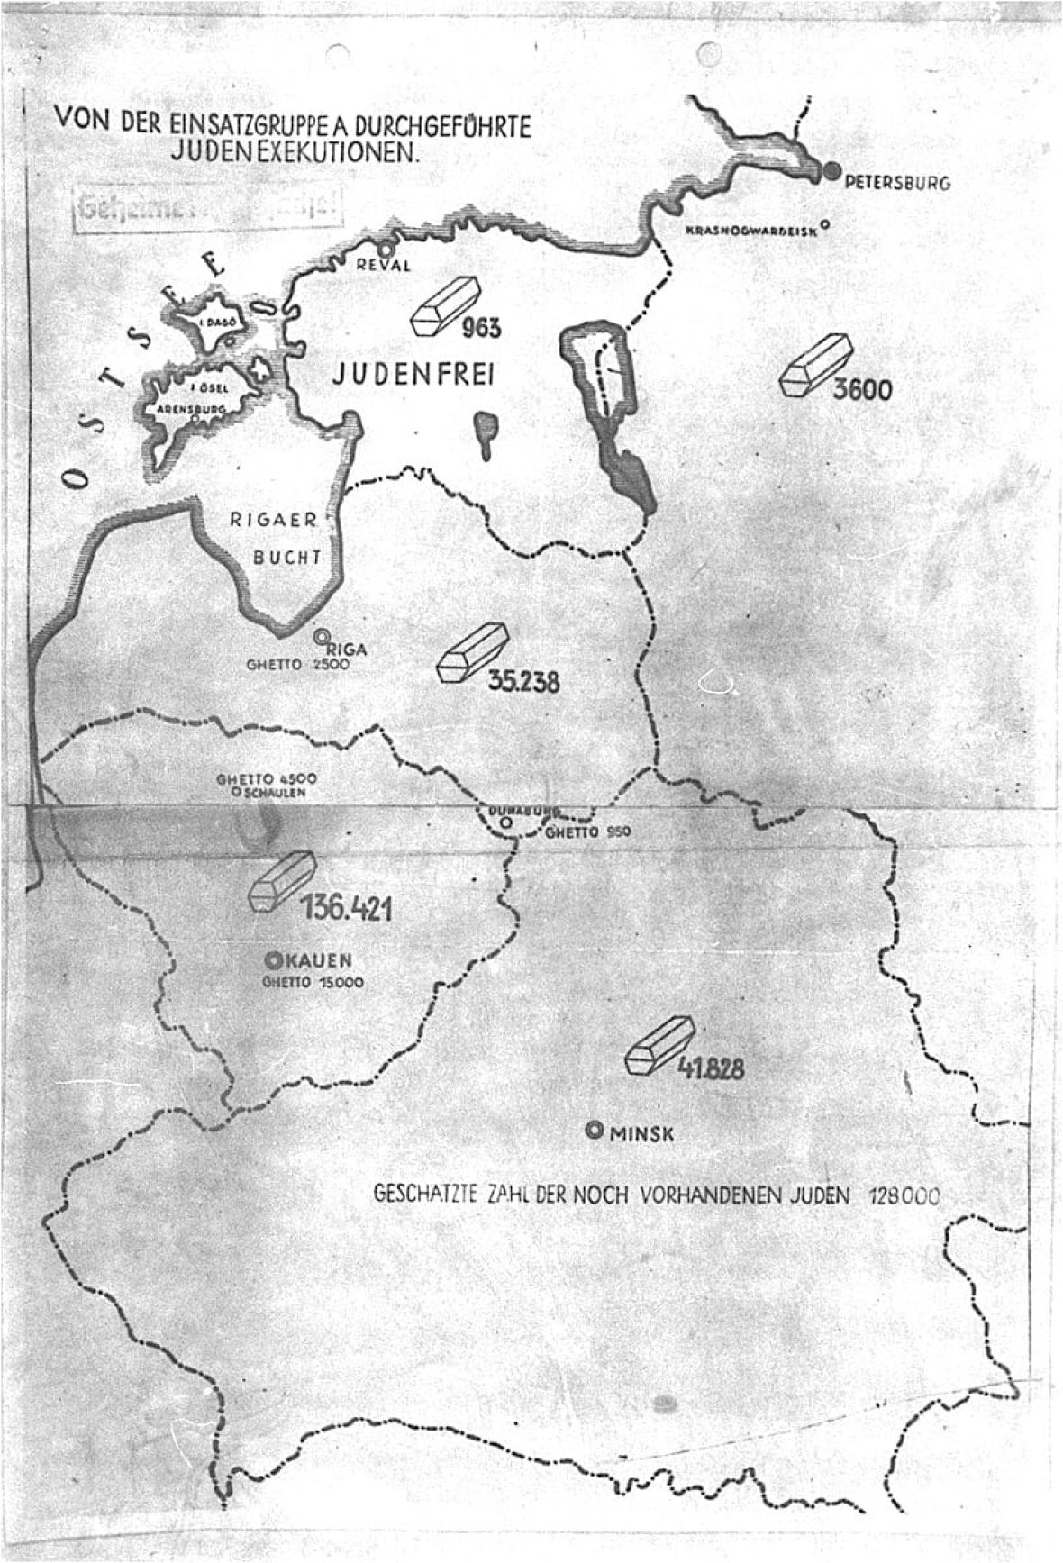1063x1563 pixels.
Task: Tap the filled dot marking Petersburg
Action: pos(831,171)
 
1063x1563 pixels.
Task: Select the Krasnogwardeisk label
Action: pos(750,231)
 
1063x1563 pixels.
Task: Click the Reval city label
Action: pos(384,265)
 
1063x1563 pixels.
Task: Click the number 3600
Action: pos(861,391)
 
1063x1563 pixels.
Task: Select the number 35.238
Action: pos(523,681)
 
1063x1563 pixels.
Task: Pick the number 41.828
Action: pos(711,1069)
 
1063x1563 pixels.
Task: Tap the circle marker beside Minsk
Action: pos(595,1131)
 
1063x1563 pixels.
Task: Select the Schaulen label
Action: pos(276,793)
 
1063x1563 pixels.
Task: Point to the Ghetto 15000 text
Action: pos(313,983)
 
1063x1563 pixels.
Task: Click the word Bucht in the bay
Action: pos(286,557)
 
